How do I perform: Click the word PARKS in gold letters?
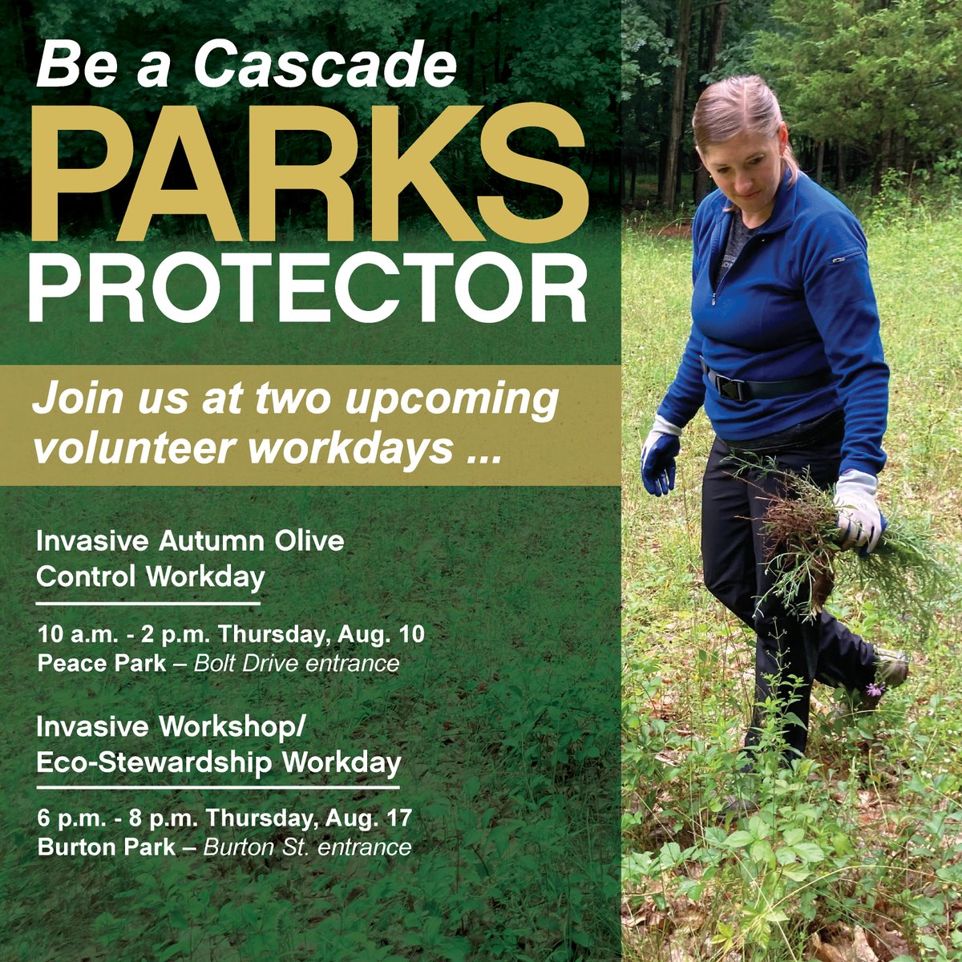[312, 172]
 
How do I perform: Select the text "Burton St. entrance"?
[308, 847]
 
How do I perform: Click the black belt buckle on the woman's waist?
[730, 388]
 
